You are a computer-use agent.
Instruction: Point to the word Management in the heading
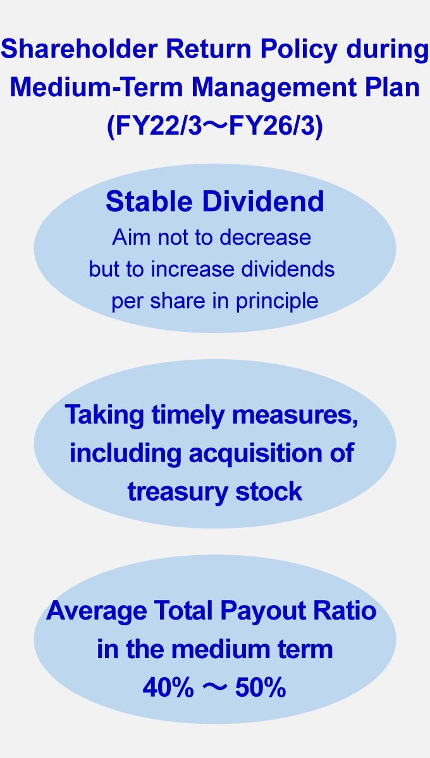coord(271,87)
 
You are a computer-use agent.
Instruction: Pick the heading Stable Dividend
coord(215,201)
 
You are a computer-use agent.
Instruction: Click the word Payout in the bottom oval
coord(270,611)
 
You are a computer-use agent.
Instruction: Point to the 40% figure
coord(168,688)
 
